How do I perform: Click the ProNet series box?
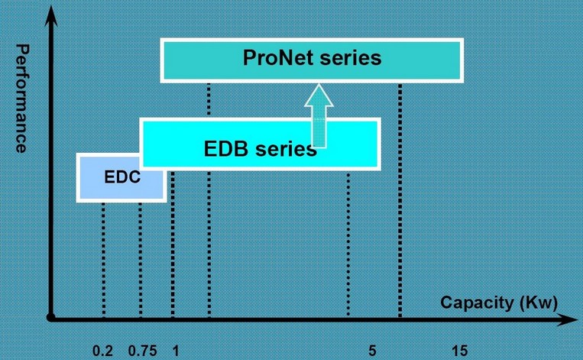312,60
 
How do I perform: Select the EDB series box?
261,144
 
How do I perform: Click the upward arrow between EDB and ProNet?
319,115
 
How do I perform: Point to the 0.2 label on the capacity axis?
102,351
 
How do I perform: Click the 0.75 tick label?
142,351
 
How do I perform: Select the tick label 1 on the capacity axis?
176,351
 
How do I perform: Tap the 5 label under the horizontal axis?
372,351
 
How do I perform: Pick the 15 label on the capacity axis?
459,351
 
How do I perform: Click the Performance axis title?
22,98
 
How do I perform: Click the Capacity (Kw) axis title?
499,303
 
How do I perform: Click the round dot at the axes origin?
51,318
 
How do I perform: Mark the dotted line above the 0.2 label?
103,259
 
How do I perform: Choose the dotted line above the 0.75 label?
140,259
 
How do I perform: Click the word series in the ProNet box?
351,58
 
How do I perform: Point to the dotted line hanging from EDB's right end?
348,244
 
